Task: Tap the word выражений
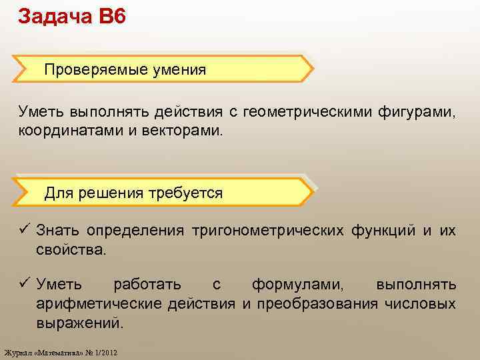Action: click(x=80, y=323)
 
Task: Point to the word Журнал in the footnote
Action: click(x=17, y=352)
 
